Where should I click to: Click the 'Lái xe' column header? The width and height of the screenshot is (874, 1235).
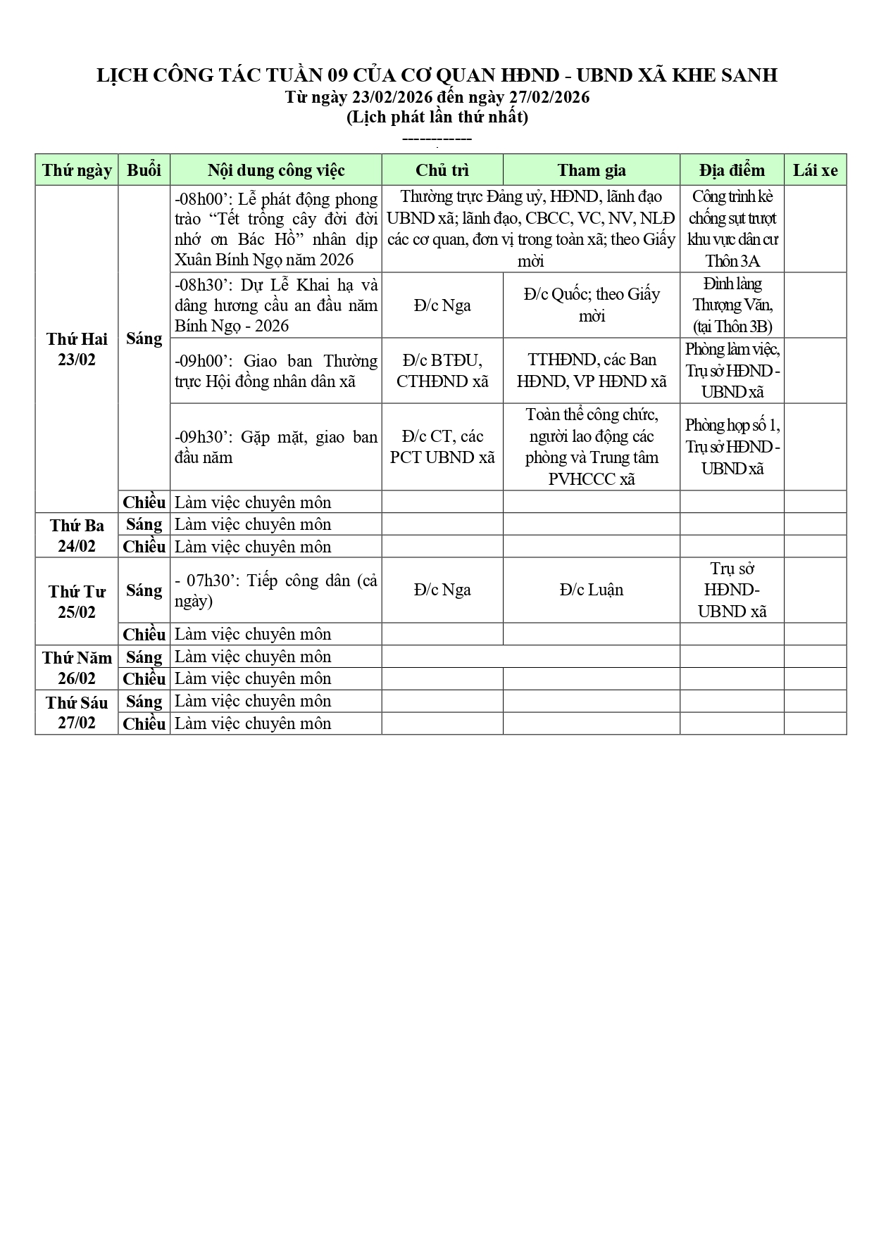click(815, 170)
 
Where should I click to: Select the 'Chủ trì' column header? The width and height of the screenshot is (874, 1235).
click(442, 170)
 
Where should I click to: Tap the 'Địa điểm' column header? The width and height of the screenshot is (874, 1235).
click(732, 170)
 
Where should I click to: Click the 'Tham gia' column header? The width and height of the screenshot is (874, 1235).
click(591, 170)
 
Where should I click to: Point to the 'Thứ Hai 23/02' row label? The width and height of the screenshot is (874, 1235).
click(77, 349)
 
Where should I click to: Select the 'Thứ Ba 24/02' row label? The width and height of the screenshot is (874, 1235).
click(77, 536)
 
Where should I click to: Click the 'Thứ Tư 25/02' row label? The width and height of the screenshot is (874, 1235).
click(77, 602)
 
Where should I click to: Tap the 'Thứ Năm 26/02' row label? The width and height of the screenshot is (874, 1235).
click(77, 668)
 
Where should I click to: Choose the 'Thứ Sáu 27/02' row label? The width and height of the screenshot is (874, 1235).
click(77, 712)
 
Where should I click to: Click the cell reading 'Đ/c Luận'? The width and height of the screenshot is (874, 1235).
click(591, 590)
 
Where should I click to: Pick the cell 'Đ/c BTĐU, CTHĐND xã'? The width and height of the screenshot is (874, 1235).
click(442, 371)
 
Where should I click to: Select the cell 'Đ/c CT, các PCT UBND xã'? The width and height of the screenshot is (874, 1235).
click(442, 447)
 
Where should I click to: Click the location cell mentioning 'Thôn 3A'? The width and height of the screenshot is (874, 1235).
click(732, 229)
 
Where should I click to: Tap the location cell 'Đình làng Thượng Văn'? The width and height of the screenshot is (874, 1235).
click(732, 305)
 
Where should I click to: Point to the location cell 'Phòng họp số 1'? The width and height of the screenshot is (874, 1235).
click(732, 447)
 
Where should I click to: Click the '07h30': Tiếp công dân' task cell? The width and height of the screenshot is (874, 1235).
click(275, 590)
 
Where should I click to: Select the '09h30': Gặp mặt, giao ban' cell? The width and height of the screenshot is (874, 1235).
click(275, 447)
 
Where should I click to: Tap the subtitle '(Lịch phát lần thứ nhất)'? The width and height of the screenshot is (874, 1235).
click(437, 117)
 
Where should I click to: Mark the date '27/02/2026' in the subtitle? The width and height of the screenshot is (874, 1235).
click(549, 97)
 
